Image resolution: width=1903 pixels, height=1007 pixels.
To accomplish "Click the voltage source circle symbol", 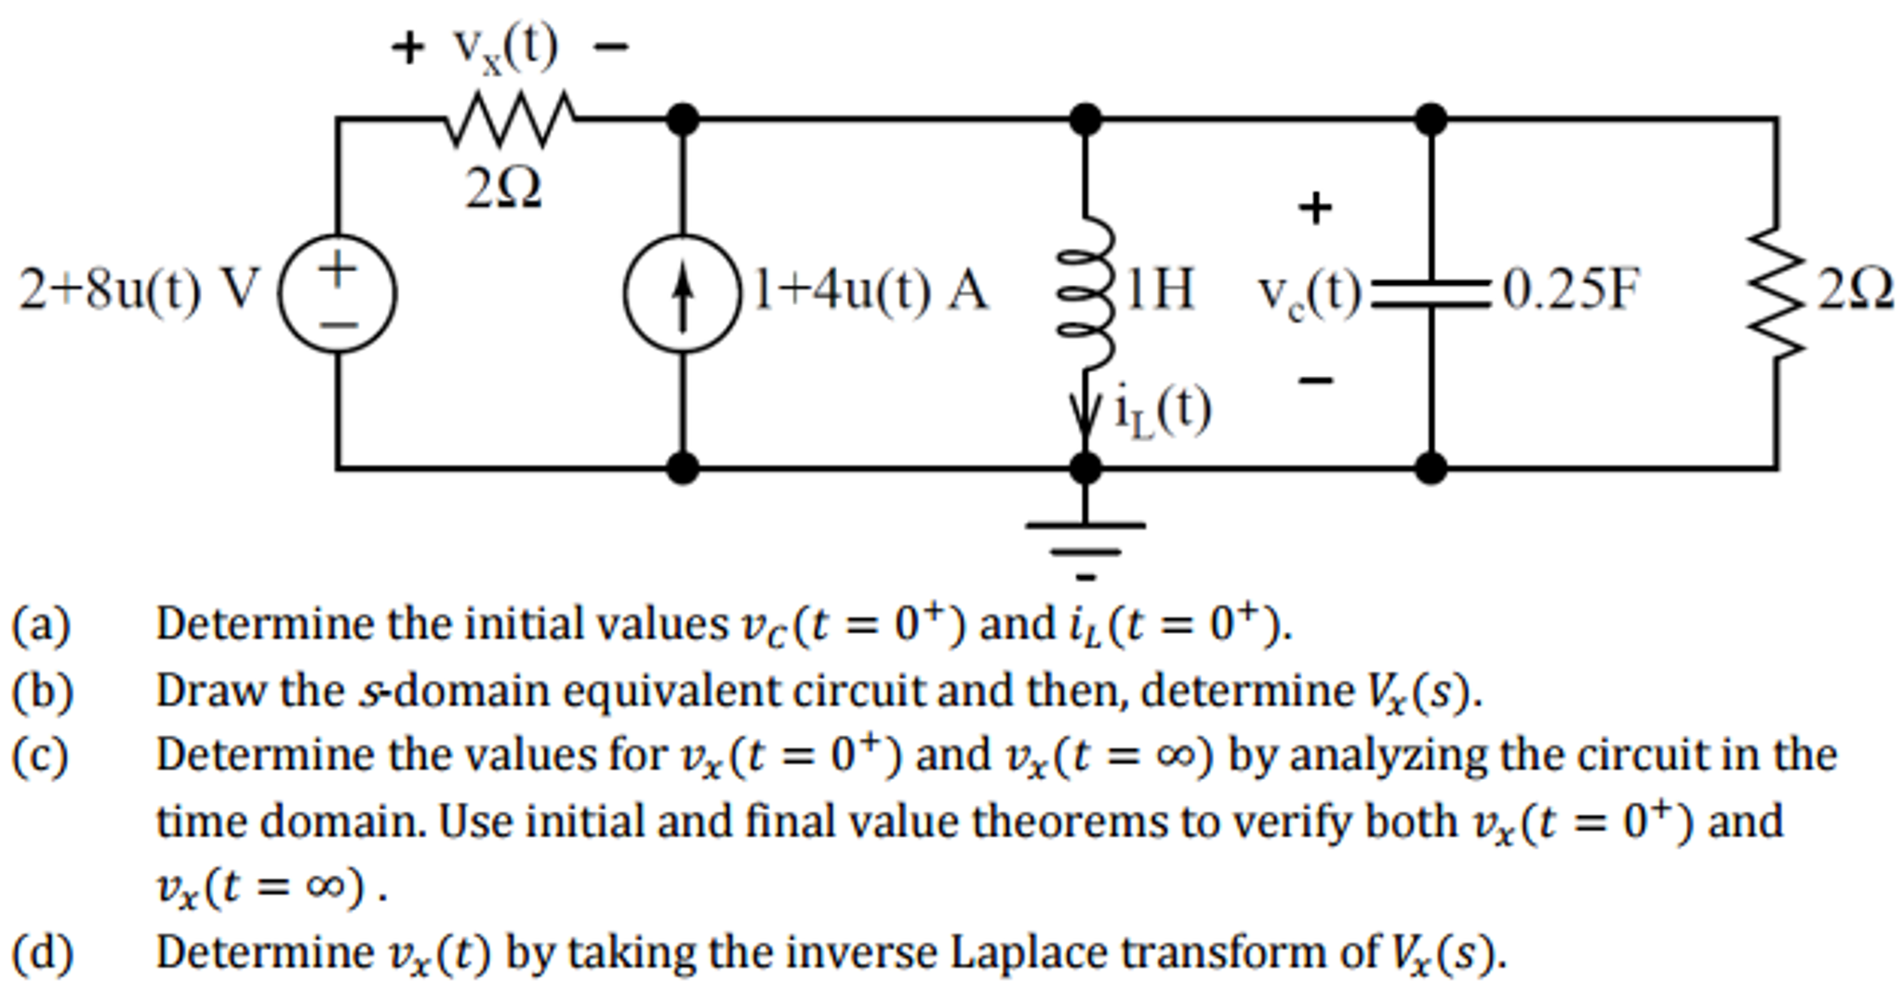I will tap(338, 293).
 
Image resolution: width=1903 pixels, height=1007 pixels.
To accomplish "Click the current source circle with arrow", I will tap(683, 293).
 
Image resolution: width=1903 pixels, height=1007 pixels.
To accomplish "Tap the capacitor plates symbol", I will tap(1431, 291).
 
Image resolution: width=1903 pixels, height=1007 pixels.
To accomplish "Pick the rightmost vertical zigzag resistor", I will tap(1777, 293).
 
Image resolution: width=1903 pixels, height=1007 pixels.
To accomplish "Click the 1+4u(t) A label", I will tap(870, 290).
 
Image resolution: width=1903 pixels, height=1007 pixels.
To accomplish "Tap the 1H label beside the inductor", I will tap(1160, 290).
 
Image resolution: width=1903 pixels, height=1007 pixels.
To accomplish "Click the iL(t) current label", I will tap(1163, 410).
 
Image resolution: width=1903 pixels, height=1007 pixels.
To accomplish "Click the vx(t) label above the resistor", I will tap(505, 47).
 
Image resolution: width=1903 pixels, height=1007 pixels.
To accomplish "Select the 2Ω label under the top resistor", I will tap(503, 190).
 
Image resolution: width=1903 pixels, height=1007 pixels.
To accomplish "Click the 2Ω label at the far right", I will tap(1856, 290).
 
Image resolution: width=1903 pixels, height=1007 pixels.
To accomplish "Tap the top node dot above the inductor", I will tap(1085, 119).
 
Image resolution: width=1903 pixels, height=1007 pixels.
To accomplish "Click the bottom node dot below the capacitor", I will tap(1431, 467).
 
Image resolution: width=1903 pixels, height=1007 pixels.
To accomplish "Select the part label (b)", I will tap(42, 691).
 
